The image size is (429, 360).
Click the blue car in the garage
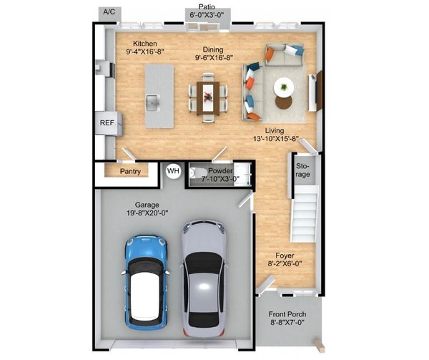[x=147, y=282]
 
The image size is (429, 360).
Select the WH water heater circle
[x=174, y=171]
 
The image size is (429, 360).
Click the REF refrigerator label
[x=107, y=123]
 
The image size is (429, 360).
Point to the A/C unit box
[x=109, y=13]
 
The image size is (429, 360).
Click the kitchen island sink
[x=153, y=102]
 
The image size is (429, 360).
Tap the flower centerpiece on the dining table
[x=208, y=97]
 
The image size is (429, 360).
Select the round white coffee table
[x=284, y=87]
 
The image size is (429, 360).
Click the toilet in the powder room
[x=198, y=172]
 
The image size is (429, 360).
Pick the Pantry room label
[x=130, y=172]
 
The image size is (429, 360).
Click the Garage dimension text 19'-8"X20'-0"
[x=147, y=213]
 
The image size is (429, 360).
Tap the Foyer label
[x=285, y=256]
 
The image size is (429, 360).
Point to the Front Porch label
[x=287, y=314]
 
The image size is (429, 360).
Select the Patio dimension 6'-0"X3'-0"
[x=207, y=15]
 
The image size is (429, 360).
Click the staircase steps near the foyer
[x=305, y=213]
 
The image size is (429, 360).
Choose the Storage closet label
[x=303, y=170]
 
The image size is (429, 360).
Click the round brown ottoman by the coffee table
[x=284, y=102]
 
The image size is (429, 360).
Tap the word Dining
[x=213, y=49]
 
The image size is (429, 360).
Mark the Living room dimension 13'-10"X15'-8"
[x=275, y=139]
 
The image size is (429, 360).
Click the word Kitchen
[x=145, y=44]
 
